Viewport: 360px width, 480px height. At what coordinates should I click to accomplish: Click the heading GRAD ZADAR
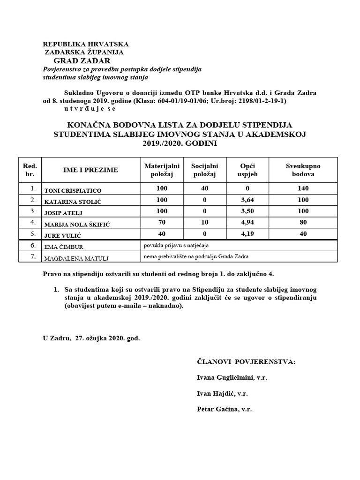point(82,61)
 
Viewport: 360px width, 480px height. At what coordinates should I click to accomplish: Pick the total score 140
point(303,188)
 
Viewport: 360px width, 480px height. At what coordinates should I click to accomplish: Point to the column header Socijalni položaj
point(204,170)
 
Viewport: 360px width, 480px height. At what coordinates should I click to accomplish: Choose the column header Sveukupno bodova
point(303,170)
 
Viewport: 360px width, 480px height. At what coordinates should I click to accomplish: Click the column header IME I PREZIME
point(90,170)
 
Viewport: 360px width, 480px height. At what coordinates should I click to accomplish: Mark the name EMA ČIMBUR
point(64,247)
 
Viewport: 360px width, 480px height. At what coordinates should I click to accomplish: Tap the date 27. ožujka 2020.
point(99,337)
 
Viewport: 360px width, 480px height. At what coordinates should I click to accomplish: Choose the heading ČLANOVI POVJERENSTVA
point(246,362)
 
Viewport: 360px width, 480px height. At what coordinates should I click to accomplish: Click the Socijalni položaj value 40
point(204,188)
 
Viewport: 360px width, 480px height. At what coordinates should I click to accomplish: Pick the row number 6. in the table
point(32,246)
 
